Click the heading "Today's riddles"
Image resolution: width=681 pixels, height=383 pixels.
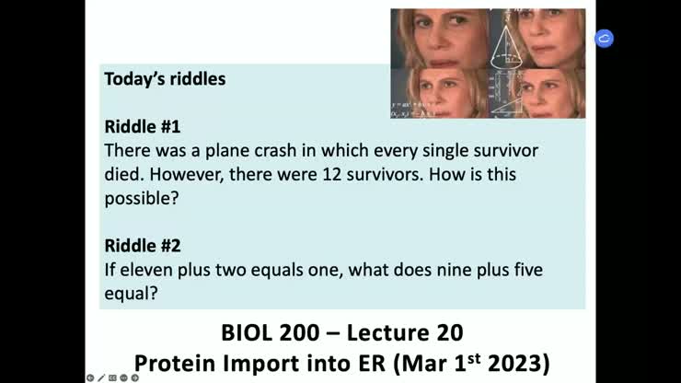(165, 79)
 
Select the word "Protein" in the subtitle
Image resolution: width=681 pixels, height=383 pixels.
(175, 364)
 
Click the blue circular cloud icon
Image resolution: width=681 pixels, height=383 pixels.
(604, 39)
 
